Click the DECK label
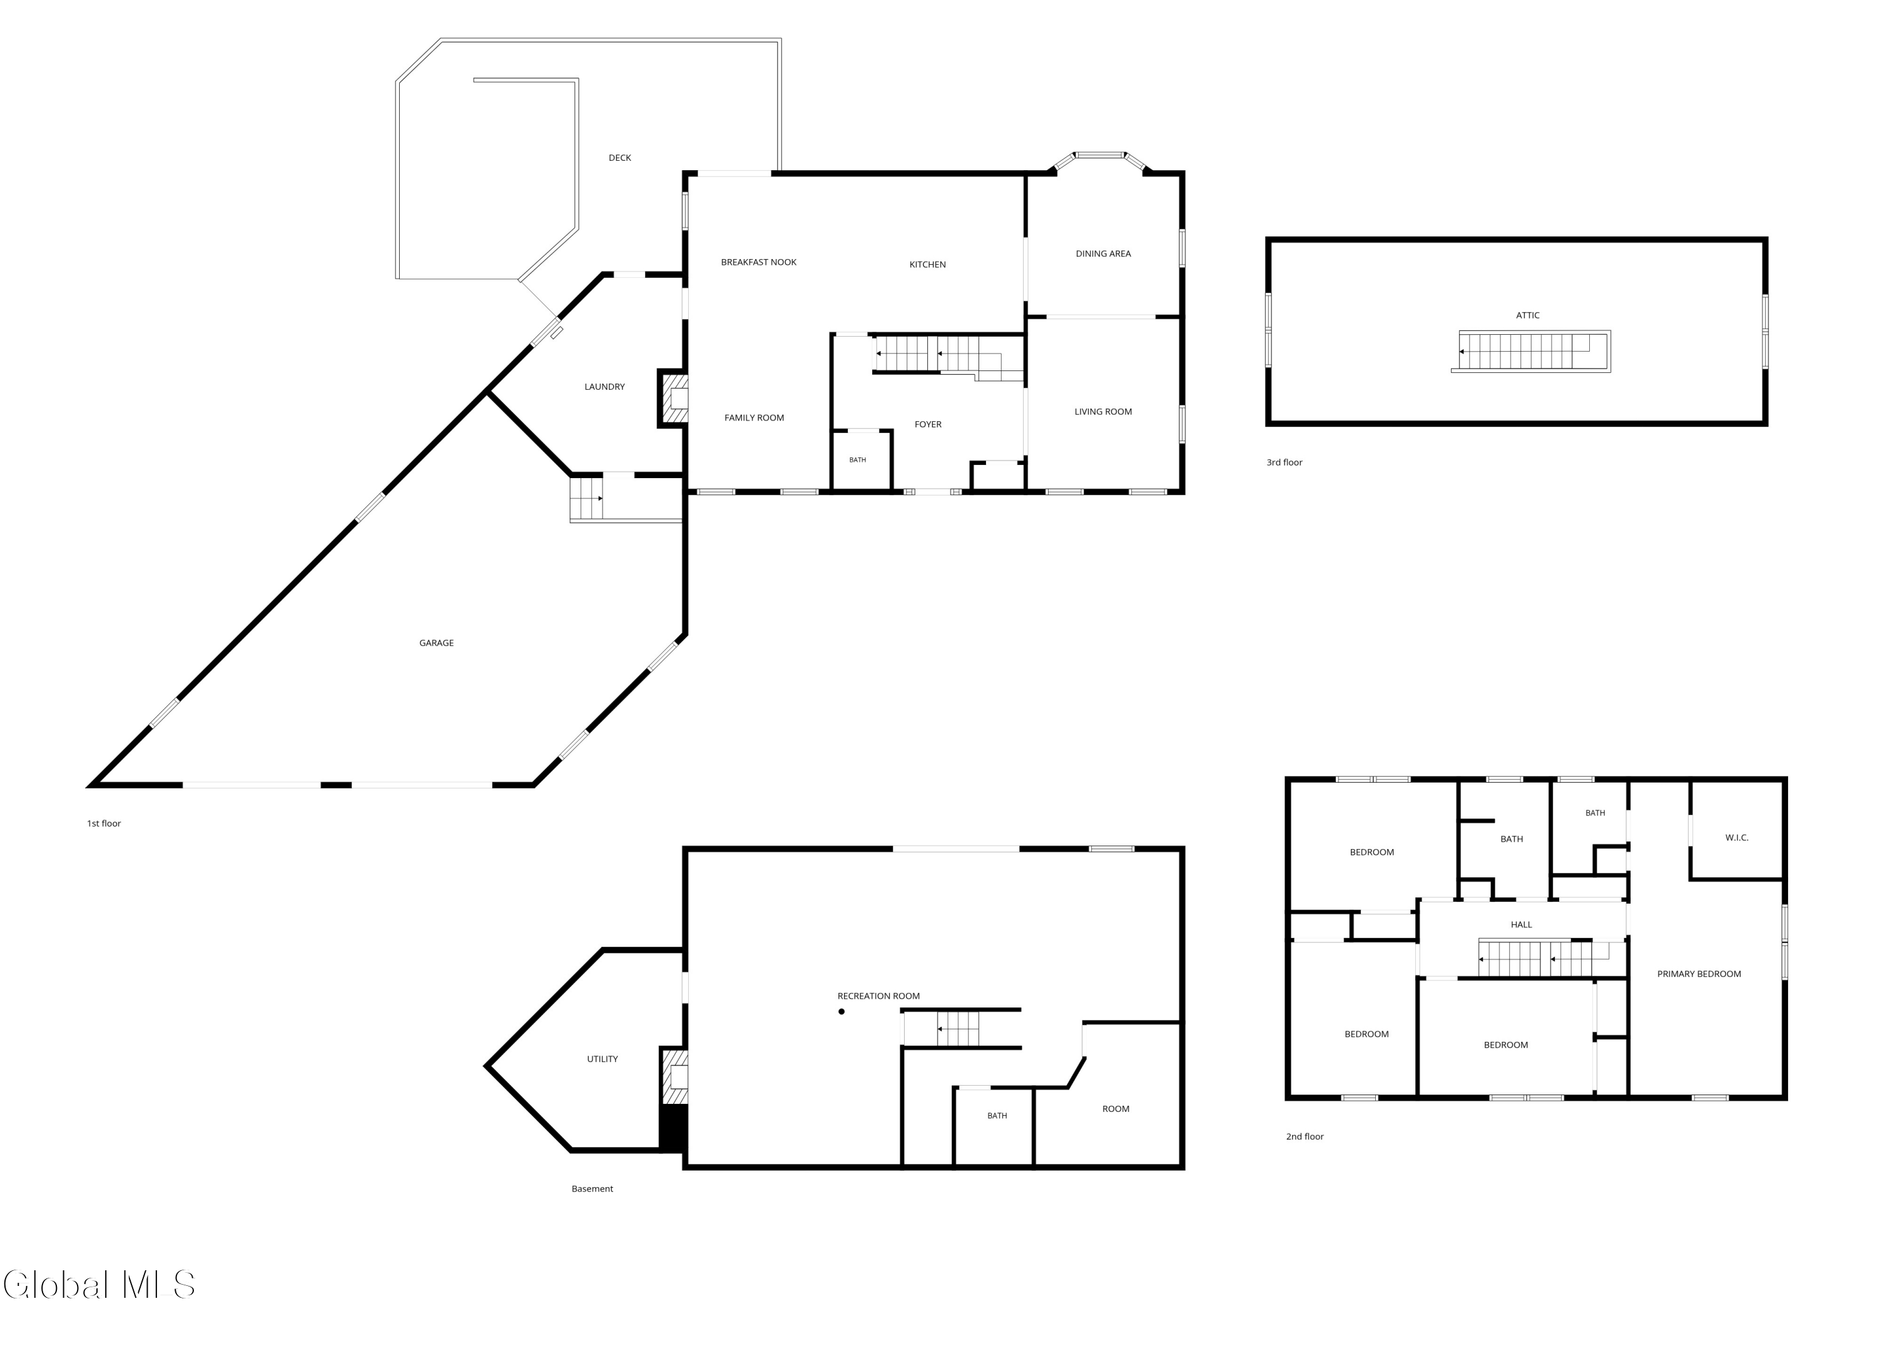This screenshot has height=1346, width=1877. pyautogui.click(x=620, y=157)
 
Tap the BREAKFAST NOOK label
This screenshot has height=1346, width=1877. pyautogui.click(x=758, y=262)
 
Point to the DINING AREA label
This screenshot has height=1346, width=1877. pyautogui.click(x=1103, y=254)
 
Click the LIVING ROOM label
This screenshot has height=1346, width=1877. pyautogui.click(x=1103, y=411)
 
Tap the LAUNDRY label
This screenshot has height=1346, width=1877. pyautogui.click(x=604, y=387)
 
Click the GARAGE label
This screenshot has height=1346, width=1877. pyautogui.click(x=436, y=643)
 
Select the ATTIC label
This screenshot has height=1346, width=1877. pyautogui.click(x=1528, y=315)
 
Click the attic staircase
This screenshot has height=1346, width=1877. pyautogui.click(x=1530, y=352)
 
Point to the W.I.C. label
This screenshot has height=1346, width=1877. pyautogui.click(x=1736, y=838)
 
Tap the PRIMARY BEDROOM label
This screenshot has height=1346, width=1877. pyautogui.click(x=1699, y=974)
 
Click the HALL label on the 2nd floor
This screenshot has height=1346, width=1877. pyautogui.click(x=1521, y=925)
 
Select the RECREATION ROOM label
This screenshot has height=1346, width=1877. pyautogui.click(x=878, y=996)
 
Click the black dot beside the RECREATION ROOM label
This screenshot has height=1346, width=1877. pyautogui.click(x=842, y=1012)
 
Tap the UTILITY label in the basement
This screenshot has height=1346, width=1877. pyautogui.click(x=603, y=1059)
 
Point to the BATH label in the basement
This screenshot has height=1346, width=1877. pyautogui.click(x=997, y=1116)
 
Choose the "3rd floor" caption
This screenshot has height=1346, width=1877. pyautogui.click(x=1284, y=462)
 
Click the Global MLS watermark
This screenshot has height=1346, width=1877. pyautogui.click(x=99, y=1285)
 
